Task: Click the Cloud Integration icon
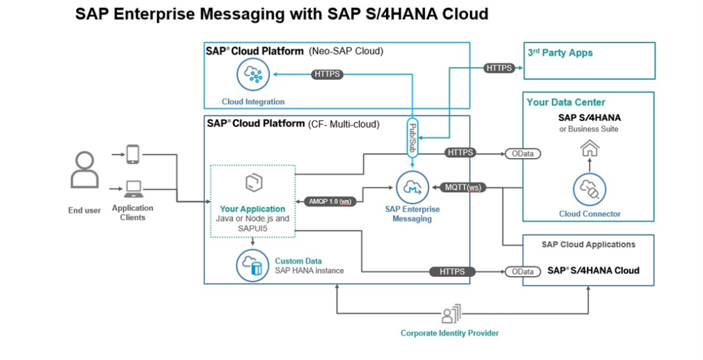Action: [x=253, y=75]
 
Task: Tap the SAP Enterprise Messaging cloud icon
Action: [x=412, y=187]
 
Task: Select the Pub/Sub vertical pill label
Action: [x=412, y=137]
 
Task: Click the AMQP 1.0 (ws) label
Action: [x=330, y=201]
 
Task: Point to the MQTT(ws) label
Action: [x=463, y=187]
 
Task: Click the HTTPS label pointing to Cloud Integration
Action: [x=327, y=74]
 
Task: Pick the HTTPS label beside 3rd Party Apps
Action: [x=499, y=68]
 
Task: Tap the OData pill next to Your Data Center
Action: [x=523, y=154]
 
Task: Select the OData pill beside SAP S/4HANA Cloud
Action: [x=523, y=271]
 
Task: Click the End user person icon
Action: [x=85, y=169]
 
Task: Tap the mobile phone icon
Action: [x=133, y=154]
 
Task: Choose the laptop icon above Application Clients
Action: [x=133, y=189]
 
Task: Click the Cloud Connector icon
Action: [x=590, y=189]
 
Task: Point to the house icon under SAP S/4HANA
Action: [x=590, y=148]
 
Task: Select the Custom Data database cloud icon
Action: [x=253, y=266]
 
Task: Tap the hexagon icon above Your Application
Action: [x=254, y=182]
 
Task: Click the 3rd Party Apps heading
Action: [x=560, y=53]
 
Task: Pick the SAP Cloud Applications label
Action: [x=588, y=244]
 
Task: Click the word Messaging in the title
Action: [x=241, y=14]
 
